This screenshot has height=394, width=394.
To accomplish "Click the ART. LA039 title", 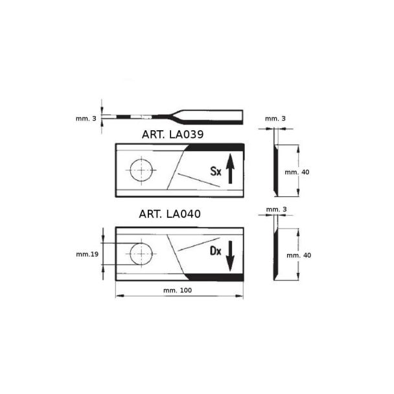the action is pyautogui.click(x=172, y=135).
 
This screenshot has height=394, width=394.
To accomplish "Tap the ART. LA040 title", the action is pyautogui.click(x=170, y=214).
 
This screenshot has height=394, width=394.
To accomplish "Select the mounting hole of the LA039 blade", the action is pyautogui.click(x=141, y=170).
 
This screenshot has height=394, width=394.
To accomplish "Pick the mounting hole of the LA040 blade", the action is pyautogui.click(x=141, y=254).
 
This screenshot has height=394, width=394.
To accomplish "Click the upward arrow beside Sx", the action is pyautogui.click(x=230, y=168).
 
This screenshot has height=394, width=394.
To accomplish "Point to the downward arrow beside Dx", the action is pyautogui.click(x=230, y=256).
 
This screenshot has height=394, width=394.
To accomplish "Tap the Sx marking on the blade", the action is pyautogui.click(x=216, y=171).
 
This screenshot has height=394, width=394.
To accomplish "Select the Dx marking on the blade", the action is pyautogui.click(x=216, y=251).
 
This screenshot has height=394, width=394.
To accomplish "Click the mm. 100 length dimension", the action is pyautogui.click(x=178, y=290).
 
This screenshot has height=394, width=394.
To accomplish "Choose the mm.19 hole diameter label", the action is pyautogui.click(x=87, y=254).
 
